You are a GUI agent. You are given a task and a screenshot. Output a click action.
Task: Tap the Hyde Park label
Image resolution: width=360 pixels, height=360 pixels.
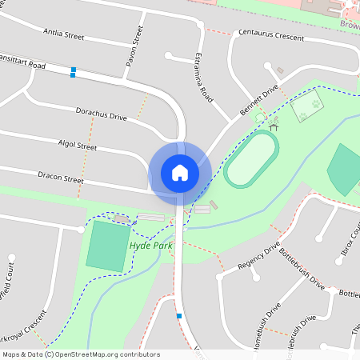(x=151, y=245)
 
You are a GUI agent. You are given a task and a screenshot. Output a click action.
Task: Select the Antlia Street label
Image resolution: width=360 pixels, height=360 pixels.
(x=63, y=35)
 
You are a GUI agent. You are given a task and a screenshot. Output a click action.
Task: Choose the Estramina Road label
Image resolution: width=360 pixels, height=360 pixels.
(x=203, y=77)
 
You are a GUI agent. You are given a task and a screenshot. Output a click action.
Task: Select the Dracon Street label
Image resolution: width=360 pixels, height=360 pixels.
(x=60, y=174)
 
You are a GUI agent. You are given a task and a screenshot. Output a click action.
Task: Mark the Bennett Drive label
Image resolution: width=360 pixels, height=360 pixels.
(x=259, y=102)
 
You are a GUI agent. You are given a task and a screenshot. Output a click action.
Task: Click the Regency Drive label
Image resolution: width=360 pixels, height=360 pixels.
(x=258, y=256)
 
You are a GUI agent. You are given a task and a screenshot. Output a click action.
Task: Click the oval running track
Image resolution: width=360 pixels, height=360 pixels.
(x=251, y=159)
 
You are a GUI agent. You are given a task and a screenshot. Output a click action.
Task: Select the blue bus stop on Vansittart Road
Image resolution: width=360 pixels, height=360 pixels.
(x=74, y=72)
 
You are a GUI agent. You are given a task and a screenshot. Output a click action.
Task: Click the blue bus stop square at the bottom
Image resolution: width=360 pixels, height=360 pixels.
(x=179, y=316)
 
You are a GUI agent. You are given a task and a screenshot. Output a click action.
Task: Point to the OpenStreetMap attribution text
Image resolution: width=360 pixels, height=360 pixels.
(x=81, y=354)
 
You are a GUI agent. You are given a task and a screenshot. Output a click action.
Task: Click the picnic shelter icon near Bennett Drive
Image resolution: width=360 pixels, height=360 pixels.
(x=274, y=126)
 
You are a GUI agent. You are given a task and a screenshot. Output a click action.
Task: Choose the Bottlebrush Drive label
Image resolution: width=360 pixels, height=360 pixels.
(x=302, y=271)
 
